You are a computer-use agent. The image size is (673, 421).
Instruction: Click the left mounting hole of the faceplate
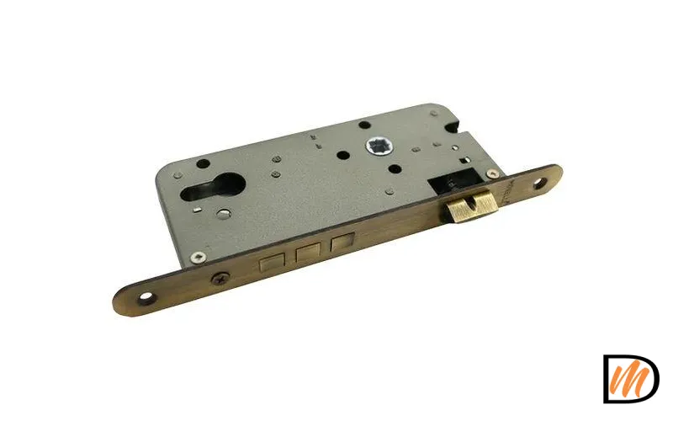149,297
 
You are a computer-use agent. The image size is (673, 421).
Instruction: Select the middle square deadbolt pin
308,252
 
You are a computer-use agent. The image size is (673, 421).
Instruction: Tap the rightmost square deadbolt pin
341,243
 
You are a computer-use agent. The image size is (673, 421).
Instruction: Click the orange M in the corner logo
630,378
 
